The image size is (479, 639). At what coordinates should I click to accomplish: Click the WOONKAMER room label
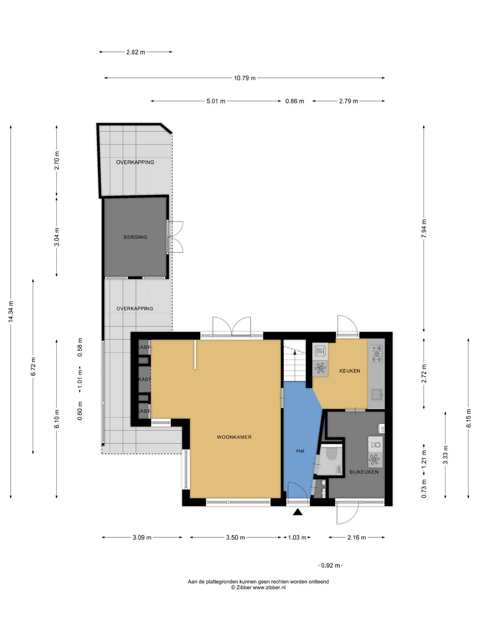point(234,437)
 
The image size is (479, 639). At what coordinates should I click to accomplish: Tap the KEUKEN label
point(349,371)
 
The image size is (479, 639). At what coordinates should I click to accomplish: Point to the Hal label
point(300,451)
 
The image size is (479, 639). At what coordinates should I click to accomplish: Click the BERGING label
point(135,237)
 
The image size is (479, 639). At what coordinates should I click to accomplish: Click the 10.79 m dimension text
point(244,78)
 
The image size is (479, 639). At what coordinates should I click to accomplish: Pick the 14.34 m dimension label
point(11,312)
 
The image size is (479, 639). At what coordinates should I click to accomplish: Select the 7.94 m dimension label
point(424,229)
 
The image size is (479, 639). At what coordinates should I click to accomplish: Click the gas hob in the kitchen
point(377,353)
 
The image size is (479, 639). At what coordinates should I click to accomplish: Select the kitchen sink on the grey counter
point(377,394)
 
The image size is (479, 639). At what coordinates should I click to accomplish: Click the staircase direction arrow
point(294,352)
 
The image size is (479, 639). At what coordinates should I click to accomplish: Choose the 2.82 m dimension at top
point(136,52)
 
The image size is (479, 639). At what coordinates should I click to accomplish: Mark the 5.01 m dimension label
point(216,101)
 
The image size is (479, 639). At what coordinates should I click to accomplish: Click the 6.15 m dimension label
point(468,418)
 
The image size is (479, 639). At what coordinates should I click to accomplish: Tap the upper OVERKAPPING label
point(135,162)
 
